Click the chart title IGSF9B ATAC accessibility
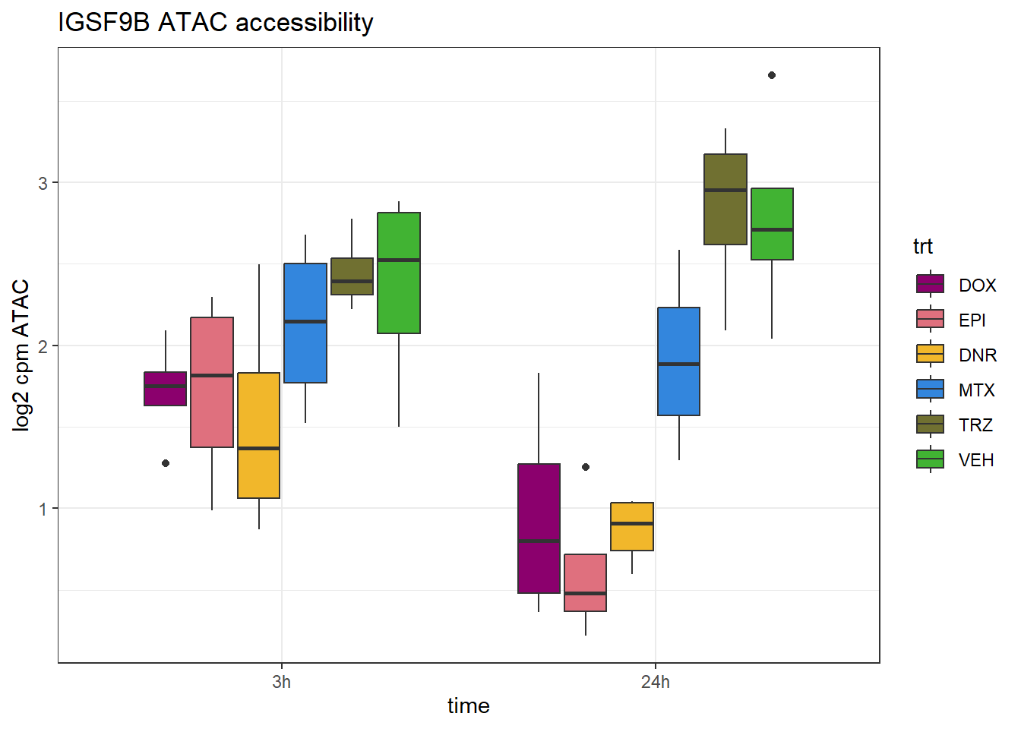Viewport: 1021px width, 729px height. click(215, 23)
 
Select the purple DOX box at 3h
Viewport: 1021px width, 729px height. click(166, 389)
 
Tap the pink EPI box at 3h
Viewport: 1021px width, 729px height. click(212, 382)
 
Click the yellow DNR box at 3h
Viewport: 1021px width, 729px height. click(259, 435)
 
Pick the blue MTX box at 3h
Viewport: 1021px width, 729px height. click(305, 323)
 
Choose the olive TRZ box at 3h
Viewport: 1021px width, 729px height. click(352, 276)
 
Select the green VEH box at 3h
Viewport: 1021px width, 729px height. click(399, 273)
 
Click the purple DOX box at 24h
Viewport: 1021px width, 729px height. click(539, 528)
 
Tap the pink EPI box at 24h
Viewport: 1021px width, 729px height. click(586, 582)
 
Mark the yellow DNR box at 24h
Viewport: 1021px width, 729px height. click(632, 526)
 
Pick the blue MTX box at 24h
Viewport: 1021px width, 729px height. click(679, 361)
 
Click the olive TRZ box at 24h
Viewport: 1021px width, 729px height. click(725, 199)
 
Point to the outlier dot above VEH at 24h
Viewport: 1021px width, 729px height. click(772, 75)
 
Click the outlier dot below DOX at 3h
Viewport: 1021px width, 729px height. click(166, 463)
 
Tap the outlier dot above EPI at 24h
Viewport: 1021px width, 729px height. click(586, 467)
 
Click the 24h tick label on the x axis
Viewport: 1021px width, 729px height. click(656, 682)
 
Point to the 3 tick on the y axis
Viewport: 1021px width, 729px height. click(43, 184)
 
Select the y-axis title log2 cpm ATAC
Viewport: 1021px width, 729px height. click(21, 355)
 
